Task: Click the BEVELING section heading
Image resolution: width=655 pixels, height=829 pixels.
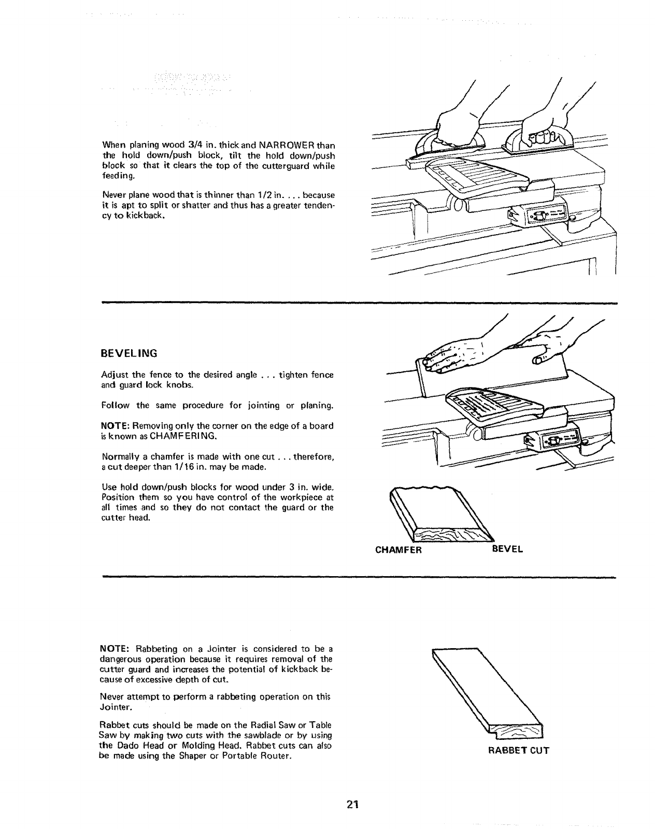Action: pyautogui.click(x=129, y=354)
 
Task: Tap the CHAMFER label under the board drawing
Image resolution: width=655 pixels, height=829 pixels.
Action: pyautogui.click(x=398, y=549)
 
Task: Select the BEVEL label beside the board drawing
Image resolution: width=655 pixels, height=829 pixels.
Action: pyautogui.click(x=507, y=549)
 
